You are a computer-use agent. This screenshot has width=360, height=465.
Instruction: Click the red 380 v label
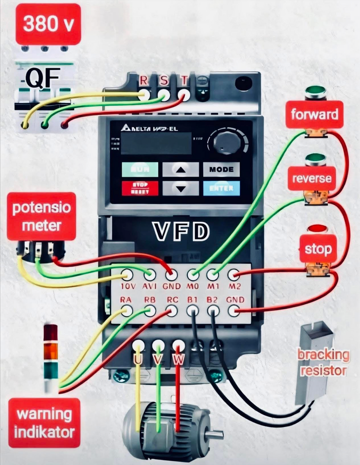click(48, 24)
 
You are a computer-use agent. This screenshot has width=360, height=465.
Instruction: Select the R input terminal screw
click(144, 94)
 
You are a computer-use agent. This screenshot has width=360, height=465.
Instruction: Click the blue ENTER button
click(221, 188)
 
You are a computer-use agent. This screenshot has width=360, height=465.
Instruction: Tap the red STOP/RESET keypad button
click(140, 188)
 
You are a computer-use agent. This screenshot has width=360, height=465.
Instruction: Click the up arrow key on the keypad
click(180, 169)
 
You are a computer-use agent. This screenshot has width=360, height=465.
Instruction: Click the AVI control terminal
click(150, 275)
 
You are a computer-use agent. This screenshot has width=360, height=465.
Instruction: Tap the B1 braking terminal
click(193, 311)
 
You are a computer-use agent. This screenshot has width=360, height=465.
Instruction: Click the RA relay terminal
click(127, 311)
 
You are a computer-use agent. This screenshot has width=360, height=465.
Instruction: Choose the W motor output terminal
click(179, 346)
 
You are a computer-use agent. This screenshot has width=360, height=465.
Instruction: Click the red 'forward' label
click(315, 114)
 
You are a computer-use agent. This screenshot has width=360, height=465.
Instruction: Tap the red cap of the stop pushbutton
click(317, 228)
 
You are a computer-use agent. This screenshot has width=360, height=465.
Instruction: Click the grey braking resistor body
click(314, 363)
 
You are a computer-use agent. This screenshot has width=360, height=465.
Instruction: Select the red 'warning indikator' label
click(44, 423)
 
